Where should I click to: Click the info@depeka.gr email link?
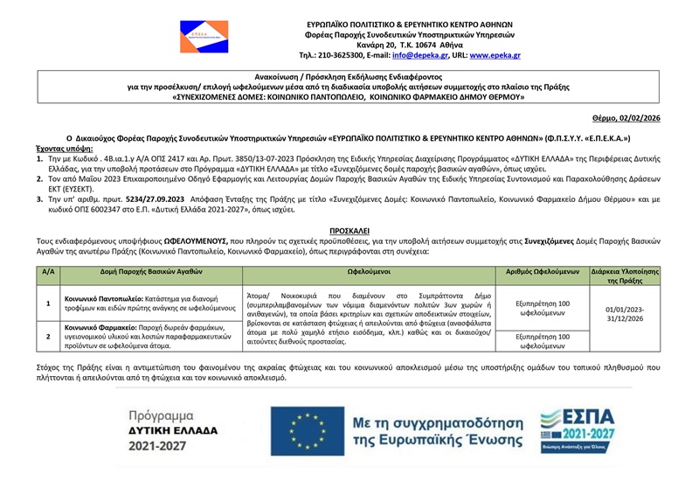(x=413, y=55)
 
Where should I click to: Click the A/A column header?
(x=48, y=272)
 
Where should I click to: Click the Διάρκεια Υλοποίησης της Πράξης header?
(x=624, y=276)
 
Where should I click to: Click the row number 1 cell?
(x=48, y=303)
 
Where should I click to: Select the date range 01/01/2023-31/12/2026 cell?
(x=624, y=314)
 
